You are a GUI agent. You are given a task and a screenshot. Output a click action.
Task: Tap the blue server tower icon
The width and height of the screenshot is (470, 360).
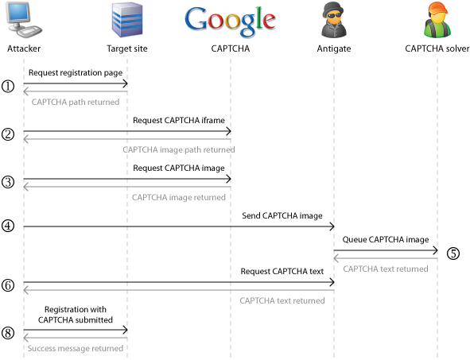(x=127, y=21)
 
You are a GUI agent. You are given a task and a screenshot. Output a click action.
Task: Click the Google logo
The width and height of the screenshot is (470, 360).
(x=231, y=23)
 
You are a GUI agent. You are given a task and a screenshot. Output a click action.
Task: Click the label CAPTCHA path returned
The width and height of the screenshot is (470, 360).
(x=76, y=102)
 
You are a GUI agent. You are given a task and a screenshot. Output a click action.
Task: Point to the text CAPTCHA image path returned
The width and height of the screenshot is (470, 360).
(x=178, y=149)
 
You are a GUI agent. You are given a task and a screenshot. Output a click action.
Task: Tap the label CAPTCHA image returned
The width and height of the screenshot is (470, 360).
(x=179, y=197)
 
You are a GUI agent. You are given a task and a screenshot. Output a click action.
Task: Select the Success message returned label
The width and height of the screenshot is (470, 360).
(x=76, y=348)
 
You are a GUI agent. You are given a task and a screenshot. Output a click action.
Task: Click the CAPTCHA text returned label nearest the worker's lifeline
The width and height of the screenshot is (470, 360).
(x=386, y=269)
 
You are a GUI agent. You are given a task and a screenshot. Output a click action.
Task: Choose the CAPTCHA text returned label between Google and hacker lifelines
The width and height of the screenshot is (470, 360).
(x=282, y=300)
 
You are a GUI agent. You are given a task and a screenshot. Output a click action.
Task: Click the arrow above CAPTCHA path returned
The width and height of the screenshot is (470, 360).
(x=76, y=91)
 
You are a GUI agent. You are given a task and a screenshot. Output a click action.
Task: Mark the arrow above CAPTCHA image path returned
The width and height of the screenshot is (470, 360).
(x=127, y=139)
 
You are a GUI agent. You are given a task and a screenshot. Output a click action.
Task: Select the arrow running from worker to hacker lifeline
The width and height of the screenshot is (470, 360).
(x=386, y=258)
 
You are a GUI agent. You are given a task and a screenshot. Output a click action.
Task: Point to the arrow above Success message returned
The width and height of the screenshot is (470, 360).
(x=76, y=338)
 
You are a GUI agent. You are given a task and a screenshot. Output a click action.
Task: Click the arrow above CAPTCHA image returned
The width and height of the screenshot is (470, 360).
(x=127, y=187)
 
